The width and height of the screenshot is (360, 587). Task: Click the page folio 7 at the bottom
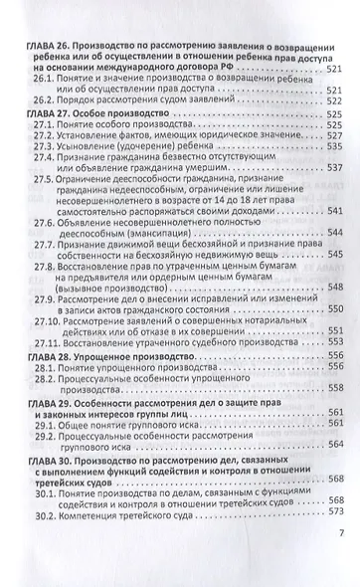[x=339, y=560]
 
